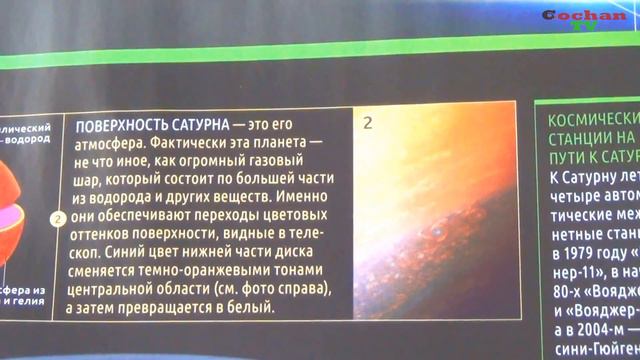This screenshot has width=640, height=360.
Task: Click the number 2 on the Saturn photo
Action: (x=368, y=124)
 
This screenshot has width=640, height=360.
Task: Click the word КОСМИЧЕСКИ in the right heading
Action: (x=594, y=118)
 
